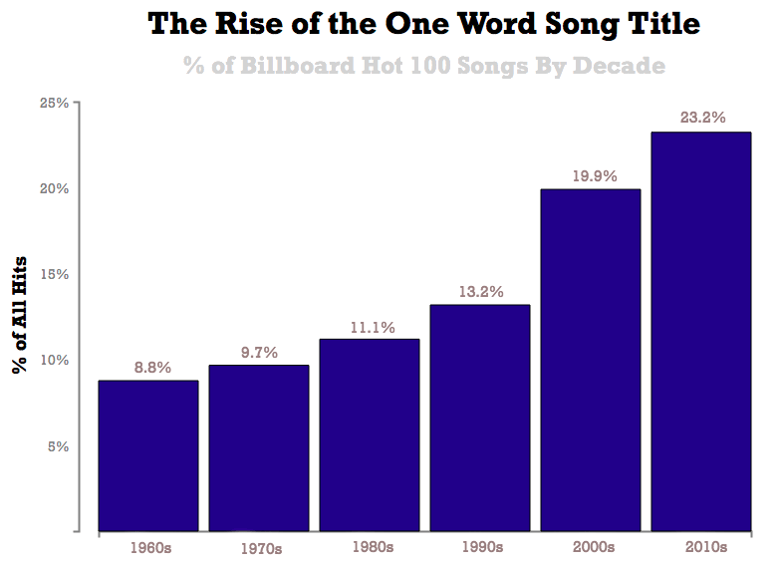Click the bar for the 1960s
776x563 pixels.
pyautogui.click(x=147, y=455)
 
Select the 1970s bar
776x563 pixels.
pyautogui.click(x=259, y=447)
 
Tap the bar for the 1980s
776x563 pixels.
pyautogui.click(x=370, y=434)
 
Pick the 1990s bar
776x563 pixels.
pyautogui.click(x=480, y=418)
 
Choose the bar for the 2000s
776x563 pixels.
pyautogui.click(x=591, y=360)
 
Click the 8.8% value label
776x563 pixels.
pyautogui.click(x=150, y=368)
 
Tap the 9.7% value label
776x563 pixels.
pyautogui.click(x=258, y=352)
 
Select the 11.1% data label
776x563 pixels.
pyautogui.click(x=372, y=326)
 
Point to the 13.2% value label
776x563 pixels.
pyautogui.click(x=481, y=292)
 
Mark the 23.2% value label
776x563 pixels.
pyautogui.click(x=702, y=117)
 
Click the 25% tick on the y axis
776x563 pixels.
pyautogui.click(x=54, y=103)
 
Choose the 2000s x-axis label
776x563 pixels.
pyautogui.click(x=594, y=547)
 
